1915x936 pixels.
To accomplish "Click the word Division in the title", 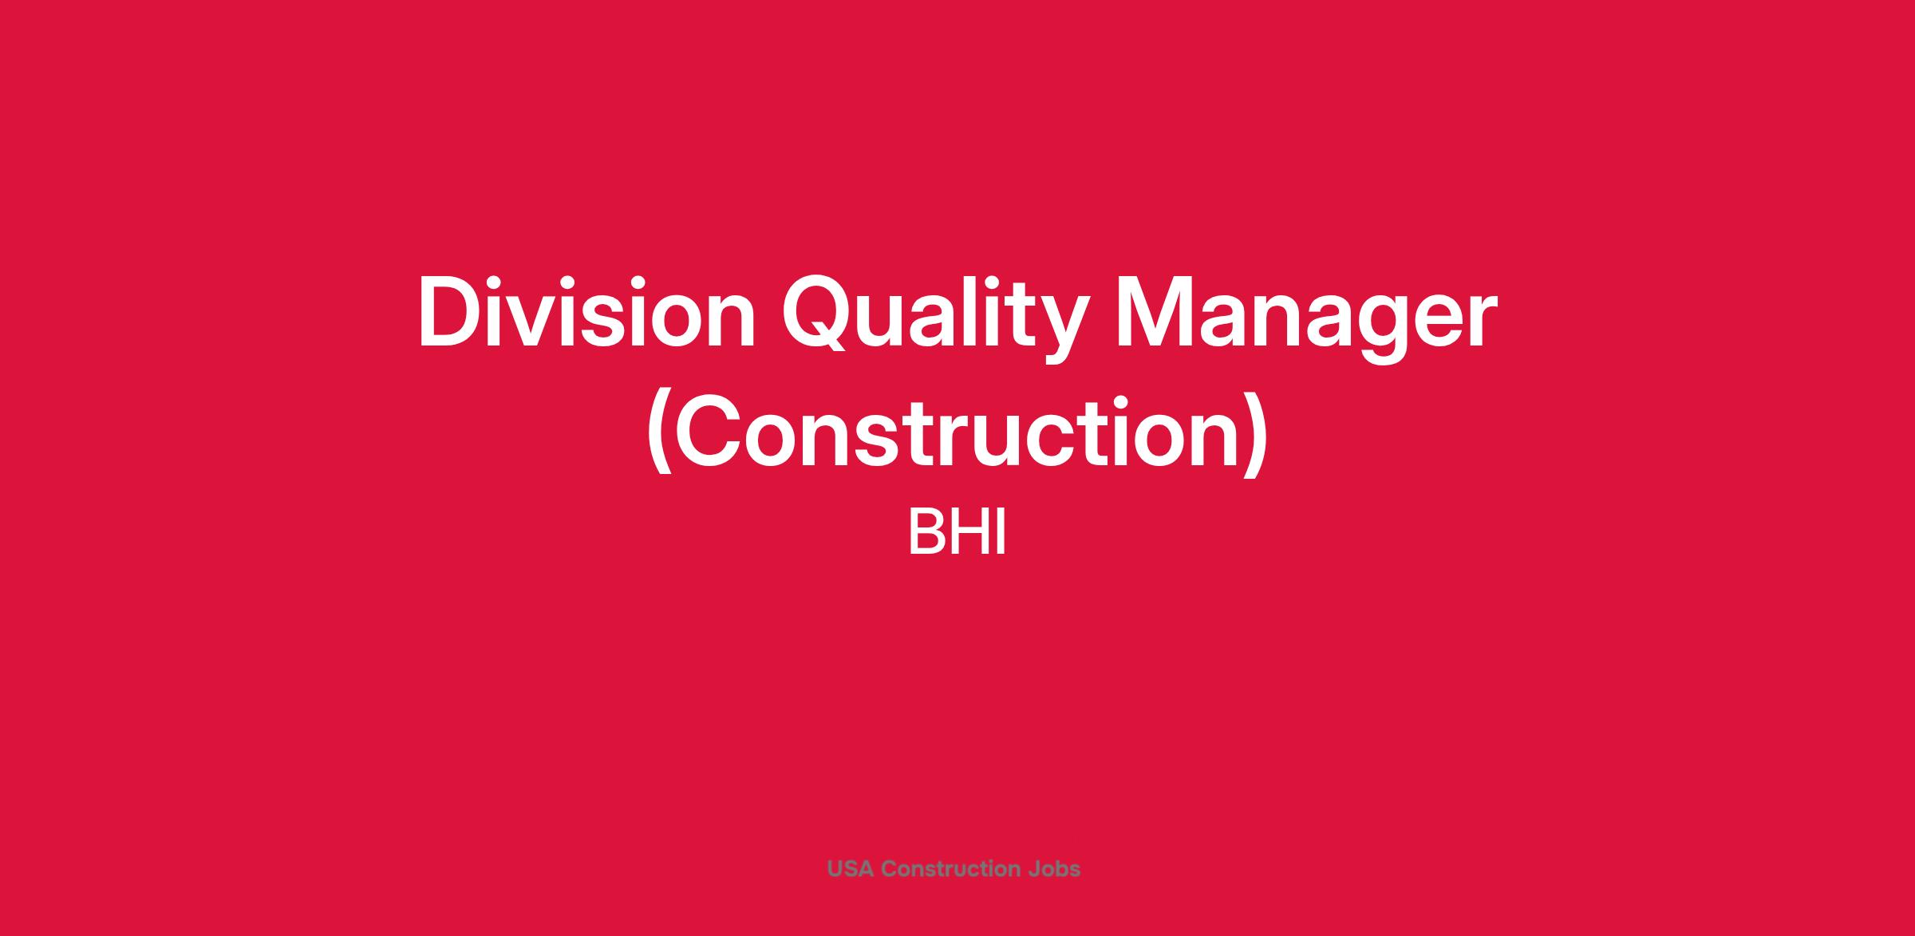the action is [586, 312].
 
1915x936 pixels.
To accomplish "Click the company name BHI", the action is [958, 533].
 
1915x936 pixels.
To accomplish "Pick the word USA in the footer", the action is [851, 869].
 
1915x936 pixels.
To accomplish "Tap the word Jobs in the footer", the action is [1055, 869].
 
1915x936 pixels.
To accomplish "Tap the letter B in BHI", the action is [925, 533].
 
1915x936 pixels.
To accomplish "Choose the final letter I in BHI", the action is [1001, 533].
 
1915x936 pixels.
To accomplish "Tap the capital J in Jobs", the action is [1034, 869].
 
